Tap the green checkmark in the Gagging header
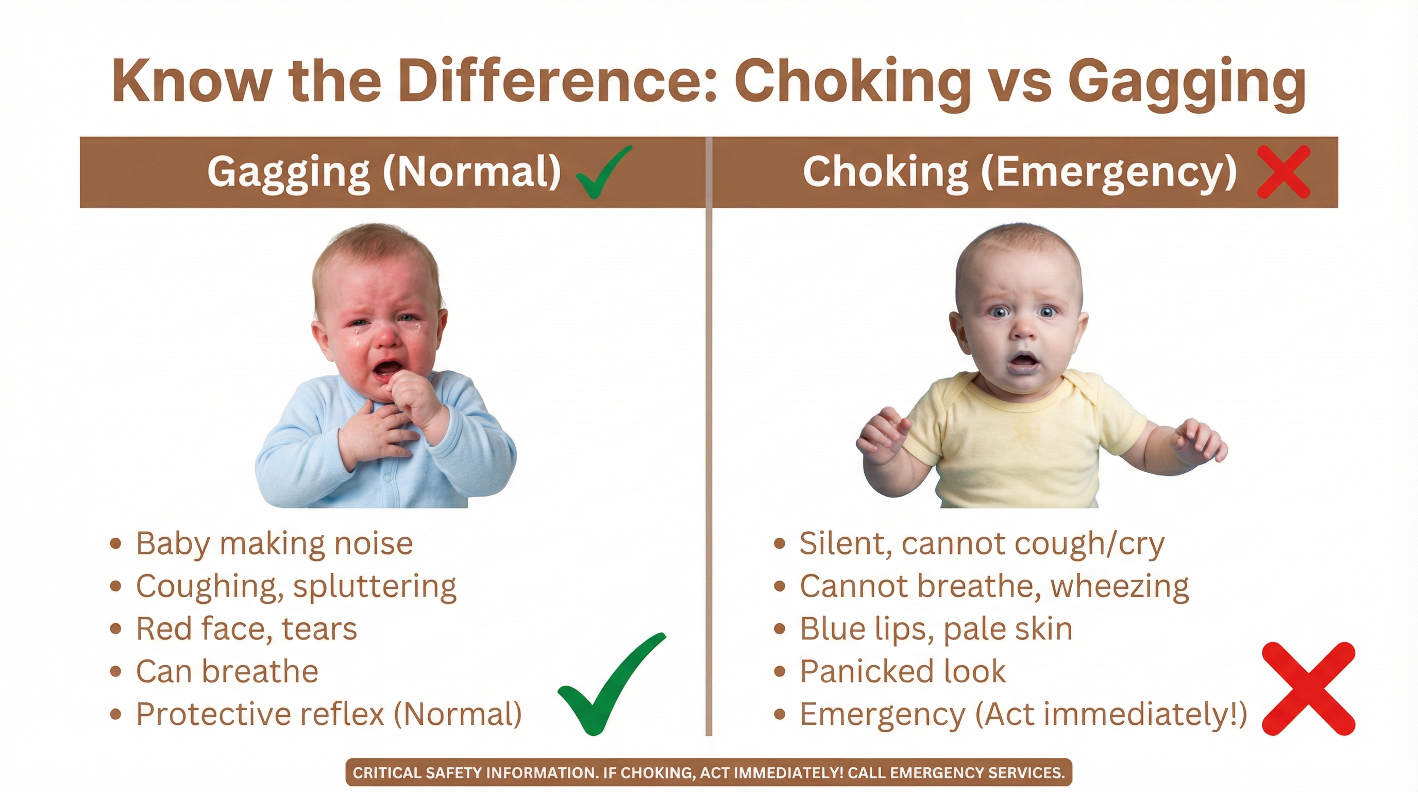pyautogui.click(x=602, y=172)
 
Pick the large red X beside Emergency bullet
pyautogui.click(x=1308, y=688)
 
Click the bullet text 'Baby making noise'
pyautogui.click(x=274, y=544)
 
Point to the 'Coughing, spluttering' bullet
pyautogui.click(x=296, y=586)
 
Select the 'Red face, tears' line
pyautogui.click(x=247, y=629)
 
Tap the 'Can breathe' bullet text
pyautogui.click(x=227, y=671)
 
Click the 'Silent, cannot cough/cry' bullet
pyautogui.click(x=982, y=544)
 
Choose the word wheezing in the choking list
pyautogui.click(x=1120, y=587)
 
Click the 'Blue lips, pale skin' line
pyautogui.click(x=936, y=629)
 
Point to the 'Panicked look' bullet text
pyautogui.click(x=903, y=671)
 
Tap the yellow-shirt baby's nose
pyautogui.click(x=1023, y=329)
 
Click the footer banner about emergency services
pyautogui.click(x=708, y=773)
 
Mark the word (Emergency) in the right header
pyautogui.click(x=1109, y=172)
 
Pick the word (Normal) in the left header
pyautogui.click(x=472, y=172)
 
